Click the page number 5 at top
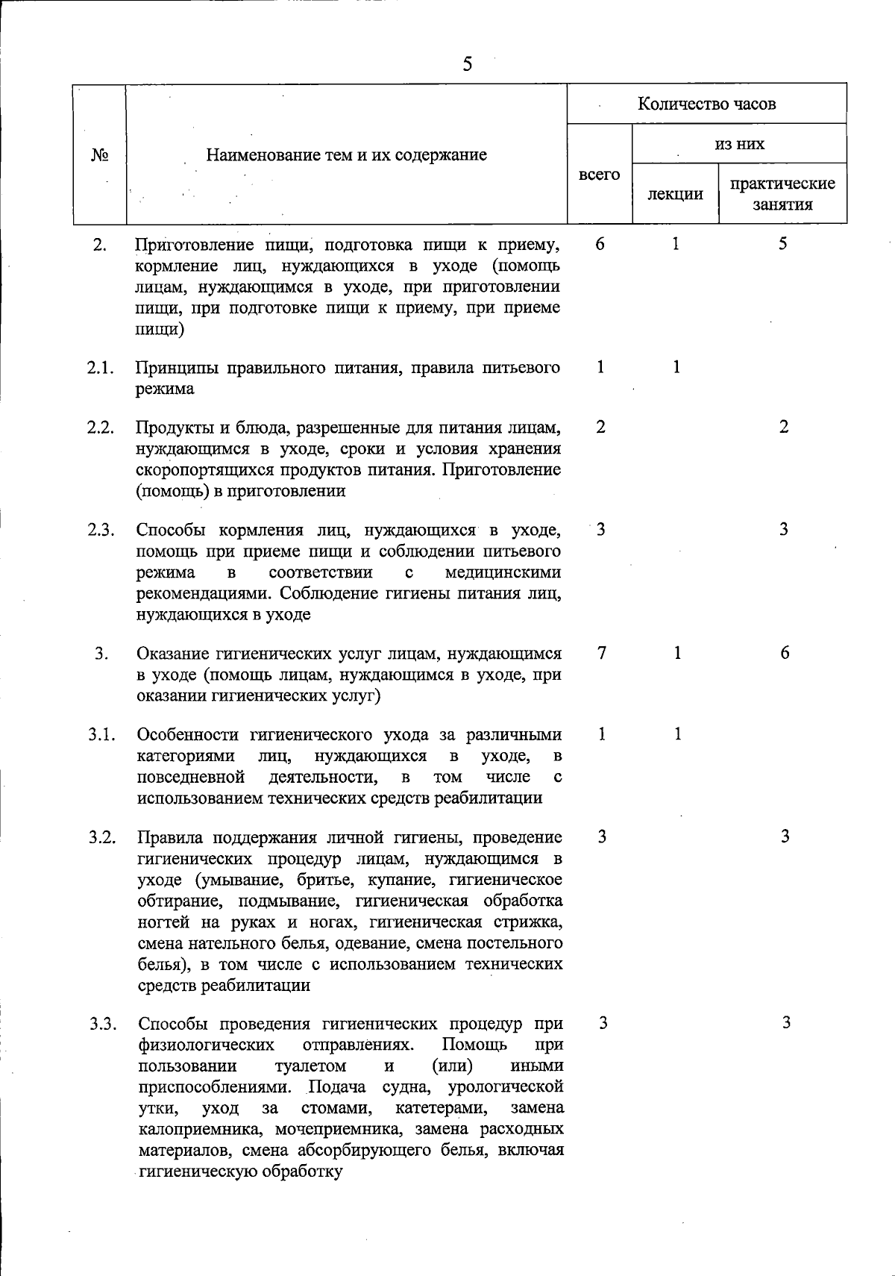pyautogui.click(x=467, y=64)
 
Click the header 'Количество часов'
pyautogui.click(x=706, y=104)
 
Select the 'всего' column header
pyautogui.click(x=599, y=174)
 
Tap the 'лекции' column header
pyautogui.click(x=675, y=194)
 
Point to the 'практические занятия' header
pyautogui.click(x=782, y=194)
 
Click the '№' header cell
pyautogui.click(x=100, y=155)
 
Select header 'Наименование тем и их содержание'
pyautogui.click(x=346, y=155)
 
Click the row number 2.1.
pyautogui.click(x=100, y=367)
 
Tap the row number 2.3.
pyautogui.click(x=100, y=531)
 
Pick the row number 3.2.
pyautogui.click(x=101, y=837)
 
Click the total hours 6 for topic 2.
pyautogui.click(x=600, y=244)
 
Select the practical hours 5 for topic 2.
pyautogui.click(x=783, y=244)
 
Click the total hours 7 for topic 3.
pyautogui.click(x=601, y=653)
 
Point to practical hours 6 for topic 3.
pyautogui.click(x=785, y=653)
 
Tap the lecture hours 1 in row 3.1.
pyautogui.click(x=677, y=734)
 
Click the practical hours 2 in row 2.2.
pyautogui.click(x=783, y=428)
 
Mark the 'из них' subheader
pyautogui.click(x=739, y=143)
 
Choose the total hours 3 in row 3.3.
pyautogui.click(x=603, y=1023)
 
